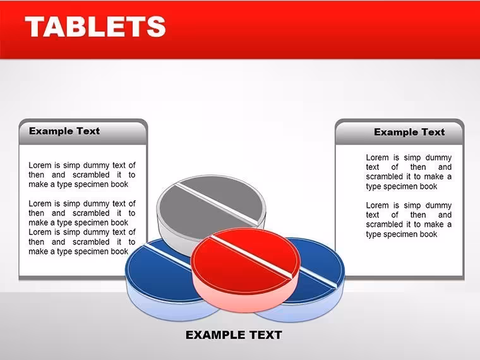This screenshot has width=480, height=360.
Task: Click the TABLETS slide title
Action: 95,27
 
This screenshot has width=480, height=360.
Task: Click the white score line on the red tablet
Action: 251,257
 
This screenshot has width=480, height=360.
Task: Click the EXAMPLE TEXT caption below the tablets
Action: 234,335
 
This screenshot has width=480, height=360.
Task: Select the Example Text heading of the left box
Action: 64,131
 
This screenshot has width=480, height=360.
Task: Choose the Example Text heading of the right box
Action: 409,132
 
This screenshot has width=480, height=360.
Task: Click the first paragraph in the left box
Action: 82,175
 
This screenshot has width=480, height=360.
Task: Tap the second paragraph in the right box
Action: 409,220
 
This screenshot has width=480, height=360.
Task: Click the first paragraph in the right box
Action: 409,172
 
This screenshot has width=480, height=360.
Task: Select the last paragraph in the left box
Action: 82,242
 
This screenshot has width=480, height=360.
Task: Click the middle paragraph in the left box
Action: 82,213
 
